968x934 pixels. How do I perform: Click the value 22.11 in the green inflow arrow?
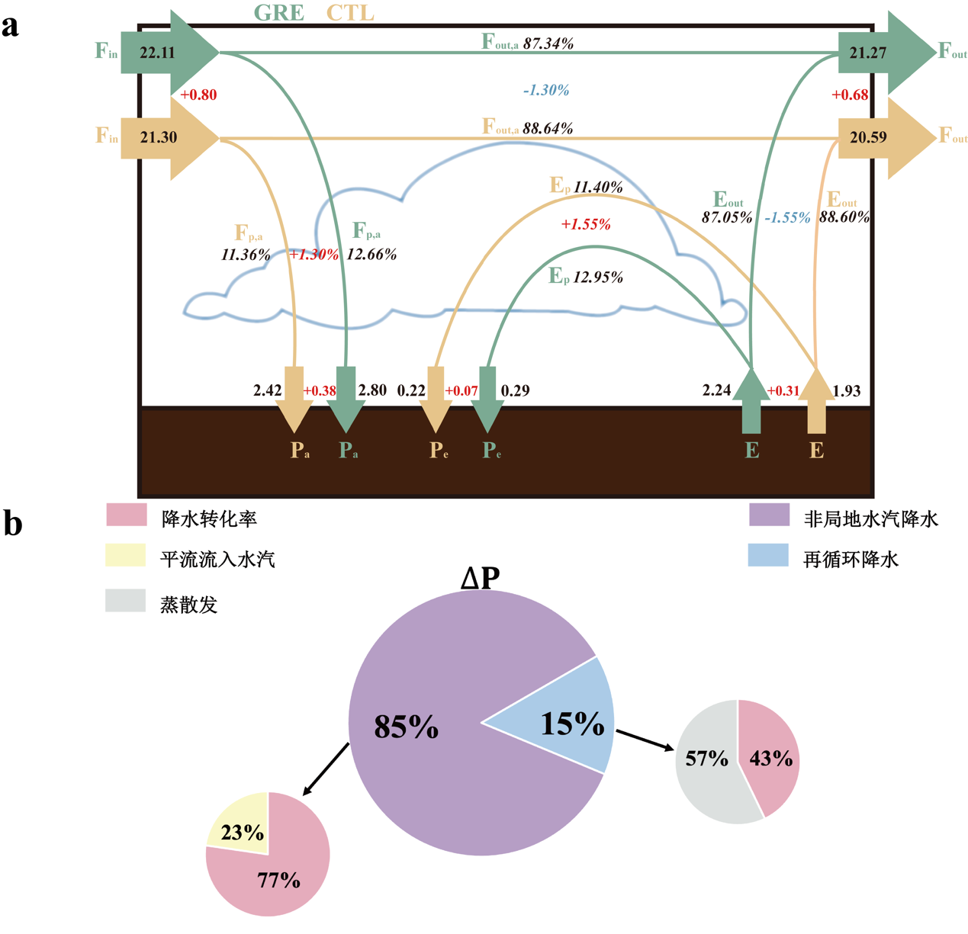[157, 53]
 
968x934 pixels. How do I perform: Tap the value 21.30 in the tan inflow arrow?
[158, 137]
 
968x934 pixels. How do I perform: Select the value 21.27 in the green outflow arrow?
[868, 53]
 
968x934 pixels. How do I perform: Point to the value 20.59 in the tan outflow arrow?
[868, 137]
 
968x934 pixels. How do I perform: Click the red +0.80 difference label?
[198, 95]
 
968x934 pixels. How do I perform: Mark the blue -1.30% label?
[546, 90]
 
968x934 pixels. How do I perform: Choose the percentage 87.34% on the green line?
[548, 43]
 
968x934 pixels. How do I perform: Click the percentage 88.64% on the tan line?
[548, 128]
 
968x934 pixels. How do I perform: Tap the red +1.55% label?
[586, 224]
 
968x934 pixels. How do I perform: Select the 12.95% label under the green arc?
[598, 277]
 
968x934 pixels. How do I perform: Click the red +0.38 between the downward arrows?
[320, 390]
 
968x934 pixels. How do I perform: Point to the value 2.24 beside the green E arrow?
[716, 390]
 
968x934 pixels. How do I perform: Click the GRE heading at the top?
[278, 14]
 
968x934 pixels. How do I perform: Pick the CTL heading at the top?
[350, 14]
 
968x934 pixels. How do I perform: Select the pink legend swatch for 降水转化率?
[127, 515]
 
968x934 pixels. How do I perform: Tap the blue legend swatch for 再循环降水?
[768, 555]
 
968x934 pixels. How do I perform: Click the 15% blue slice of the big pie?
[572, 723]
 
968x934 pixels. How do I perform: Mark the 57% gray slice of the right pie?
[706, 759]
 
